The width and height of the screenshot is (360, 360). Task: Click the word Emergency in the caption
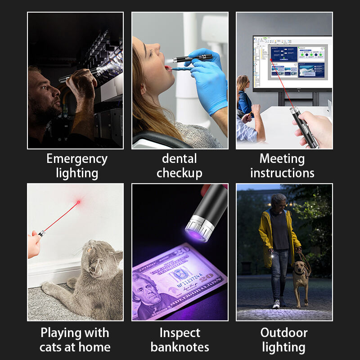77,159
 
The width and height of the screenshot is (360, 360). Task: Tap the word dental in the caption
179,159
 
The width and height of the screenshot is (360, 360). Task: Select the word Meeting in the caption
282,159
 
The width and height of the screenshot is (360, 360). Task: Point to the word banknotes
180,347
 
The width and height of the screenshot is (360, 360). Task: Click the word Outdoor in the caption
284,333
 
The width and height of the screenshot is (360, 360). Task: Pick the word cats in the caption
51,347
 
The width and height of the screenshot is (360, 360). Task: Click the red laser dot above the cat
78,202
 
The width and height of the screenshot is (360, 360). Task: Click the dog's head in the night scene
298,267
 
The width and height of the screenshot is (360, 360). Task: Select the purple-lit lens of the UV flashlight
195,235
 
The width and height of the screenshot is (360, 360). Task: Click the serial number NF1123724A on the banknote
189,280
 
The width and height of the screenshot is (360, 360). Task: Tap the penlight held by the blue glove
193,58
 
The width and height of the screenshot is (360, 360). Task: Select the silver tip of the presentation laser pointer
294,111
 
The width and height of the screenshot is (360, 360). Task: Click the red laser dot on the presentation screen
271,60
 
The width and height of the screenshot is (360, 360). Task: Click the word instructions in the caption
282,173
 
